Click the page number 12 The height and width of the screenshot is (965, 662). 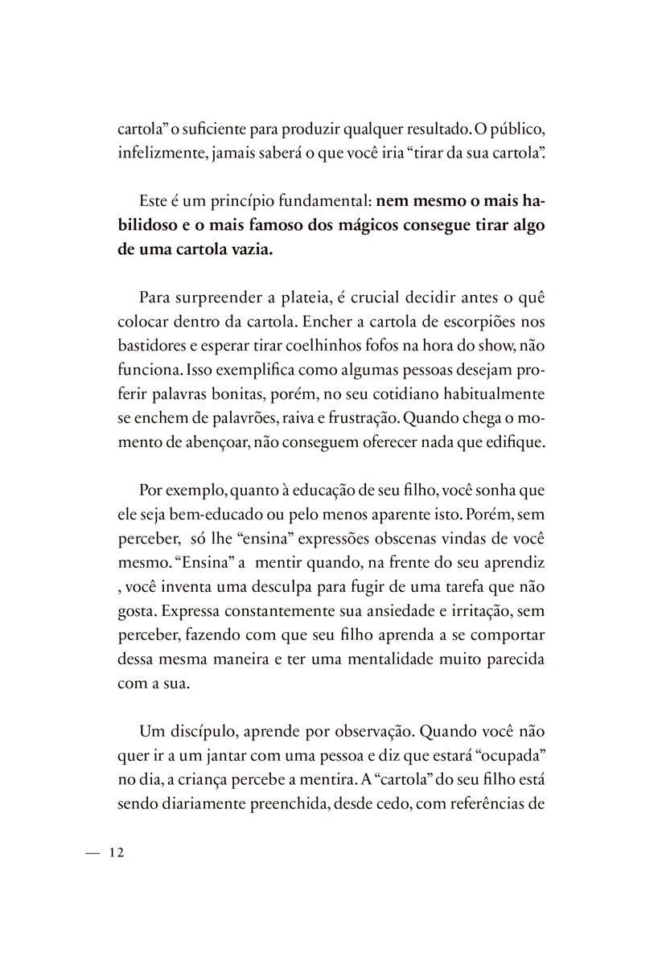pyautogui.click(x=114, y=853)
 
